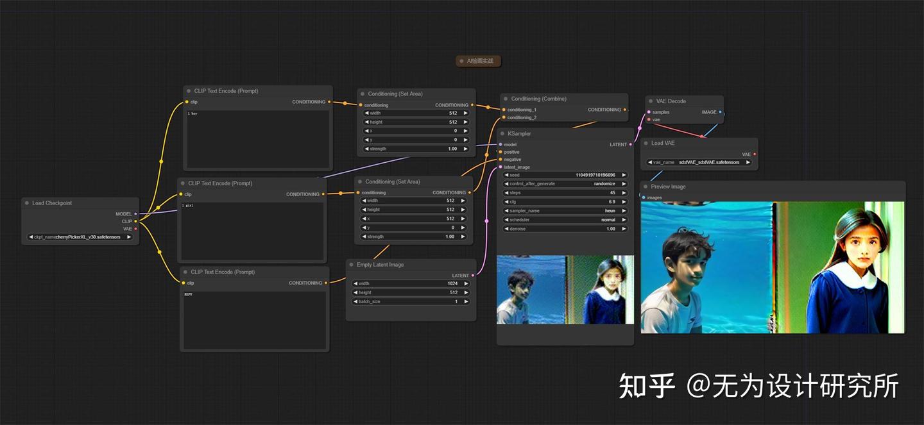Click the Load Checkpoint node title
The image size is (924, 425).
[x=52, y=203]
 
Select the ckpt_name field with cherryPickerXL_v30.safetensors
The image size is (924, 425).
[x=80, y=237]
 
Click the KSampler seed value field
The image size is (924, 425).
[x=565, y=175]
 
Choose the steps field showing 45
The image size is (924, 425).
[x=565, y=193]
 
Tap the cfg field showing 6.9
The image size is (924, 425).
[x=565, y=202]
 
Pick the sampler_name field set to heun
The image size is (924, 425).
[x=565, y=211]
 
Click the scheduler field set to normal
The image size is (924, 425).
[x=565, y=220]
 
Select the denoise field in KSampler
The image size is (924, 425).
[x=565, y=229]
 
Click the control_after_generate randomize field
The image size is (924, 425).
[x=565, y=184]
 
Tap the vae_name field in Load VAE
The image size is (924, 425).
[x=699, y=162]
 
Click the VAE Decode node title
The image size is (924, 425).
[x=671, y=101]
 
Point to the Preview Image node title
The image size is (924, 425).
[x=668, y=187]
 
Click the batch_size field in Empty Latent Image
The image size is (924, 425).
[x=411, y=301]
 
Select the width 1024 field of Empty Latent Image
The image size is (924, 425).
[x=411, y=283]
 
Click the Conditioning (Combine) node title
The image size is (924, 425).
[x=538, y=99]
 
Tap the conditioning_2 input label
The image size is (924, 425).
[x=522, y=117]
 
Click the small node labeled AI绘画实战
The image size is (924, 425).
[x=479, y=61]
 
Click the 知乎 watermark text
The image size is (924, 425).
[x=646, y=386]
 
